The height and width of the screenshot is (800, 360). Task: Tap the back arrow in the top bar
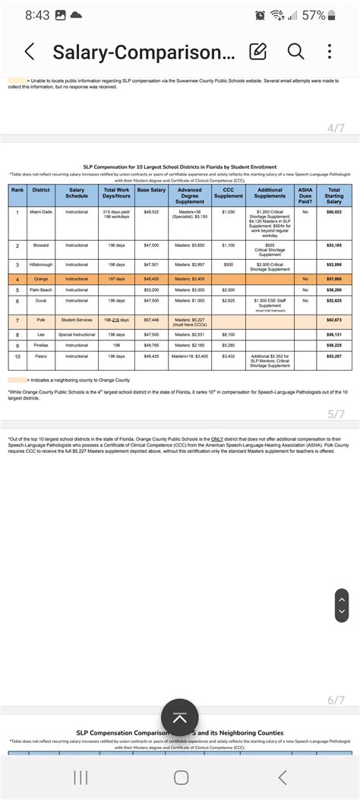30,52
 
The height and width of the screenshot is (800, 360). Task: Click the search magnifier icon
295,51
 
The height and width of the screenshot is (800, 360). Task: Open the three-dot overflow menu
329,51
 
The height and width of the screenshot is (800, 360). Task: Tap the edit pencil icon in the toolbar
258,52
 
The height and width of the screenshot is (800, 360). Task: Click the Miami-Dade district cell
40,212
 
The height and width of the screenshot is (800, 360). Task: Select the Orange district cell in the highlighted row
40,279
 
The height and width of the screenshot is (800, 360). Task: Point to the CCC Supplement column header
228,193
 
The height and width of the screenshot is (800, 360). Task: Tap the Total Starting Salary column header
333,195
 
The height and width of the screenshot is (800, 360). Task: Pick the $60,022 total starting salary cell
333,212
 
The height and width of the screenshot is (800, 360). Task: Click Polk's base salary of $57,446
151,320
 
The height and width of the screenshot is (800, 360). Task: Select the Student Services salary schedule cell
77,320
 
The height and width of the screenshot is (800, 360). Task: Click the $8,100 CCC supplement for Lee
228,334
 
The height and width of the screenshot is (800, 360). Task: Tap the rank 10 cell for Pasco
17,356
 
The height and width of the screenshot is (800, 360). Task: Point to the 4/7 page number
336,128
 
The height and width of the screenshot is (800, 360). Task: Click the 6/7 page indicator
336,700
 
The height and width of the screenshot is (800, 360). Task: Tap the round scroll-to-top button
180,718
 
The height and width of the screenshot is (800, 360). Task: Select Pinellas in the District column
40,345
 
